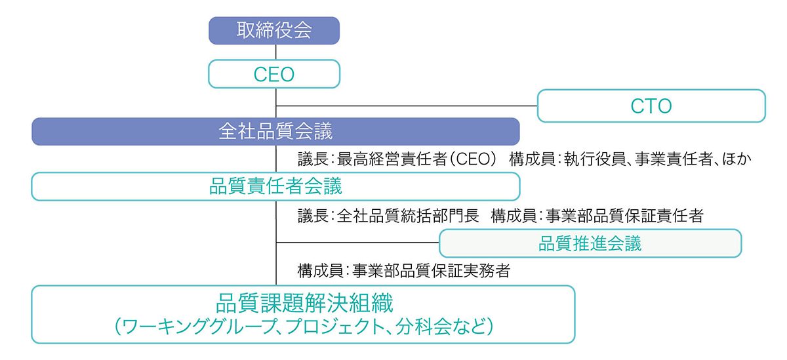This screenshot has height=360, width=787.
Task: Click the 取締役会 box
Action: (274, 31)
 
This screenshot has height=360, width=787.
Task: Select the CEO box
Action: (274, 73)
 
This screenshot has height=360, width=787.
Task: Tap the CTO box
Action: (651, 106)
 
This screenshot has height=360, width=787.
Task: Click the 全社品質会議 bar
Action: (275, 131)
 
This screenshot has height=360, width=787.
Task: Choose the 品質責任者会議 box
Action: (275, 186)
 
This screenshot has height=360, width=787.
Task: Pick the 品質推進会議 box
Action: (590, 243)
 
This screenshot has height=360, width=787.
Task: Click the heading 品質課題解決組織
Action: (304, 303)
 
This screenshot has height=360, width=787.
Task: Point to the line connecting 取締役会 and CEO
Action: (276, 52)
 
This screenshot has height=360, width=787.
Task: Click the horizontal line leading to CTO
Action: (407, 106)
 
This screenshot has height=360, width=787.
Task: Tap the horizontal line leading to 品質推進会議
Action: (357, 243)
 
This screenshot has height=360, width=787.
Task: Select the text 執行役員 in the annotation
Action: (595, 159)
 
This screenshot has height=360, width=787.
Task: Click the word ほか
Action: (737, 159)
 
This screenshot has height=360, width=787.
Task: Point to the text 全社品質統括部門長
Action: (408, 215)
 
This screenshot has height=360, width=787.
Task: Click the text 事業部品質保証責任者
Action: (624, 215)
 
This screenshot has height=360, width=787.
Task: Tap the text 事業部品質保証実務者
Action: (431, 270)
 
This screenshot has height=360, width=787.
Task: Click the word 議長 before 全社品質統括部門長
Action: (313, 215)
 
